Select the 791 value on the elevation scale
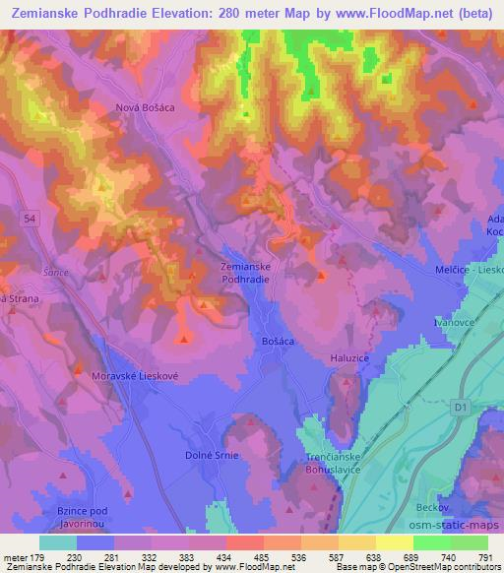point(487,557)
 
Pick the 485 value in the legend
point(263,557)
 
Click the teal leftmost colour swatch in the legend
point(58,542)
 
